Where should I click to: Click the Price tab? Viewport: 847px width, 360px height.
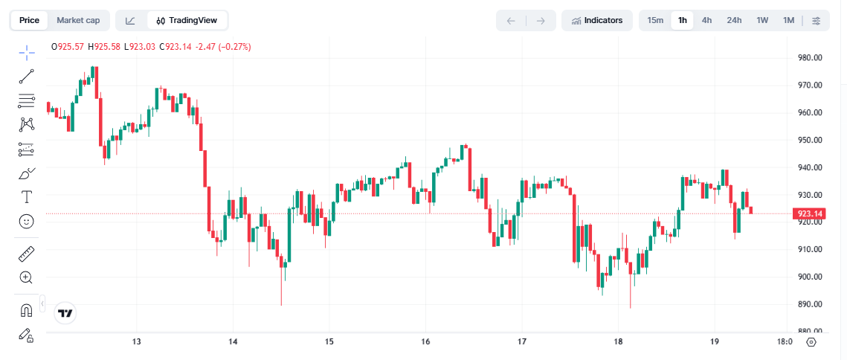click(30, 20)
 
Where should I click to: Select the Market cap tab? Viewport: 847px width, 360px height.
click(78, 20)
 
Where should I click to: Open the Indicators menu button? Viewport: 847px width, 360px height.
click(597, 20)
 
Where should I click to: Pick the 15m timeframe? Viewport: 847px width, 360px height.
click(655, 20)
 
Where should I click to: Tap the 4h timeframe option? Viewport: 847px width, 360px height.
click(706, 20)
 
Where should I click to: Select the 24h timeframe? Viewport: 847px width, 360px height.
click(734, 20)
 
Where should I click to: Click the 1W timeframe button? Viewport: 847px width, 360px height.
click(762, 20)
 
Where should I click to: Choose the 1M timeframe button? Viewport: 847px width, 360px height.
click(788, 20)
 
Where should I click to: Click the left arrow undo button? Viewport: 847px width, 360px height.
click(511, 20)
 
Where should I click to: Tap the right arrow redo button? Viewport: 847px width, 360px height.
click(541, 20)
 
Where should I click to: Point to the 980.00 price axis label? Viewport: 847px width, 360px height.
click(809, 58)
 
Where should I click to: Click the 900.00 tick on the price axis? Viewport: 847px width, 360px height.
click(809, 277)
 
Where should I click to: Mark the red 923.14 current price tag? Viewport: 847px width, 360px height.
click(809, 214)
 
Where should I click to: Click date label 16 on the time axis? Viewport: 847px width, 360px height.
click(425, 342)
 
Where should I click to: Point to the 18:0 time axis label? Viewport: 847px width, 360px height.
click(784, 342)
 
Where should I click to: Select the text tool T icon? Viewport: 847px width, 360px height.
click(27, 197)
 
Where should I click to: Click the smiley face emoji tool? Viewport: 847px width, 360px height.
click(27, 221)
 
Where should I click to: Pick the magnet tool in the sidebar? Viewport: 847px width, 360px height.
click(27, 310)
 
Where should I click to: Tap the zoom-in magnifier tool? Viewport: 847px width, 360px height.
click(27, 277)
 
